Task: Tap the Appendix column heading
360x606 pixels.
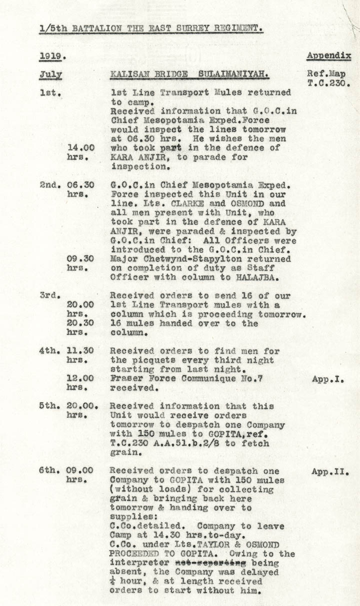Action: click(328, 56)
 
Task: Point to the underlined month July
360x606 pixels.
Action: click(50, 75)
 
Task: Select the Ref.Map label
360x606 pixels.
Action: click(326, 74)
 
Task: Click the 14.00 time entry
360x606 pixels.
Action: click(80, 148)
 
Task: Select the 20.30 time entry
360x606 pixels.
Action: click(80, 324)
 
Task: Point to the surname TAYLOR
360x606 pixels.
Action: click(212, 545)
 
